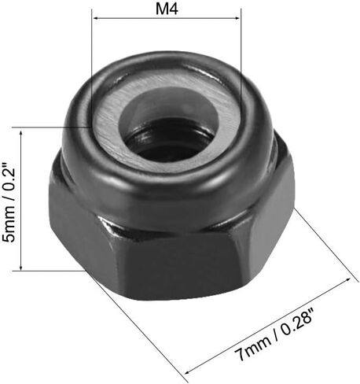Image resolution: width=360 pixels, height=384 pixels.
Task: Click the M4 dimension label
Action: pyautogui.click(x=167, y=9)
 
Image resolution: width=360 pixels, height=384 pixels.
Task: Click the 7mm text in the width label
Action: pyautogui.click(x=252, y=348)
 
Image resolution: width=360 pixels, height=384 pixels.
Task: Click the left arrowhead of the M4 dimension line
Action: pyautogui.click(x=96, y=18)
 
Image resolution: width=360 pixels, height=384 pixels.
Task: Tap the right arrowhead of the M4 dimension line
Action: pyautogui.click(x=237, y=18)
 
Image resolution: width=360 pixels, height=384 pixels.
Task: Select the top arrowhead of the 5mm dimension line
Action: pyautogui.click(x=21, y=132)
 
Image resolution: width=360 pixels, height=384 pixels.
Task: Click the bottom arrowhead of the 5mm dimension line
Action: pyautogui.click(x=21, y=267)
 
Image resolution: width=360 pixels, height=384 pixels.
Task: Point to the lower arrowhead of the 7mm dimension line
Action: pyautogui.click(x=188, y=371)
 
